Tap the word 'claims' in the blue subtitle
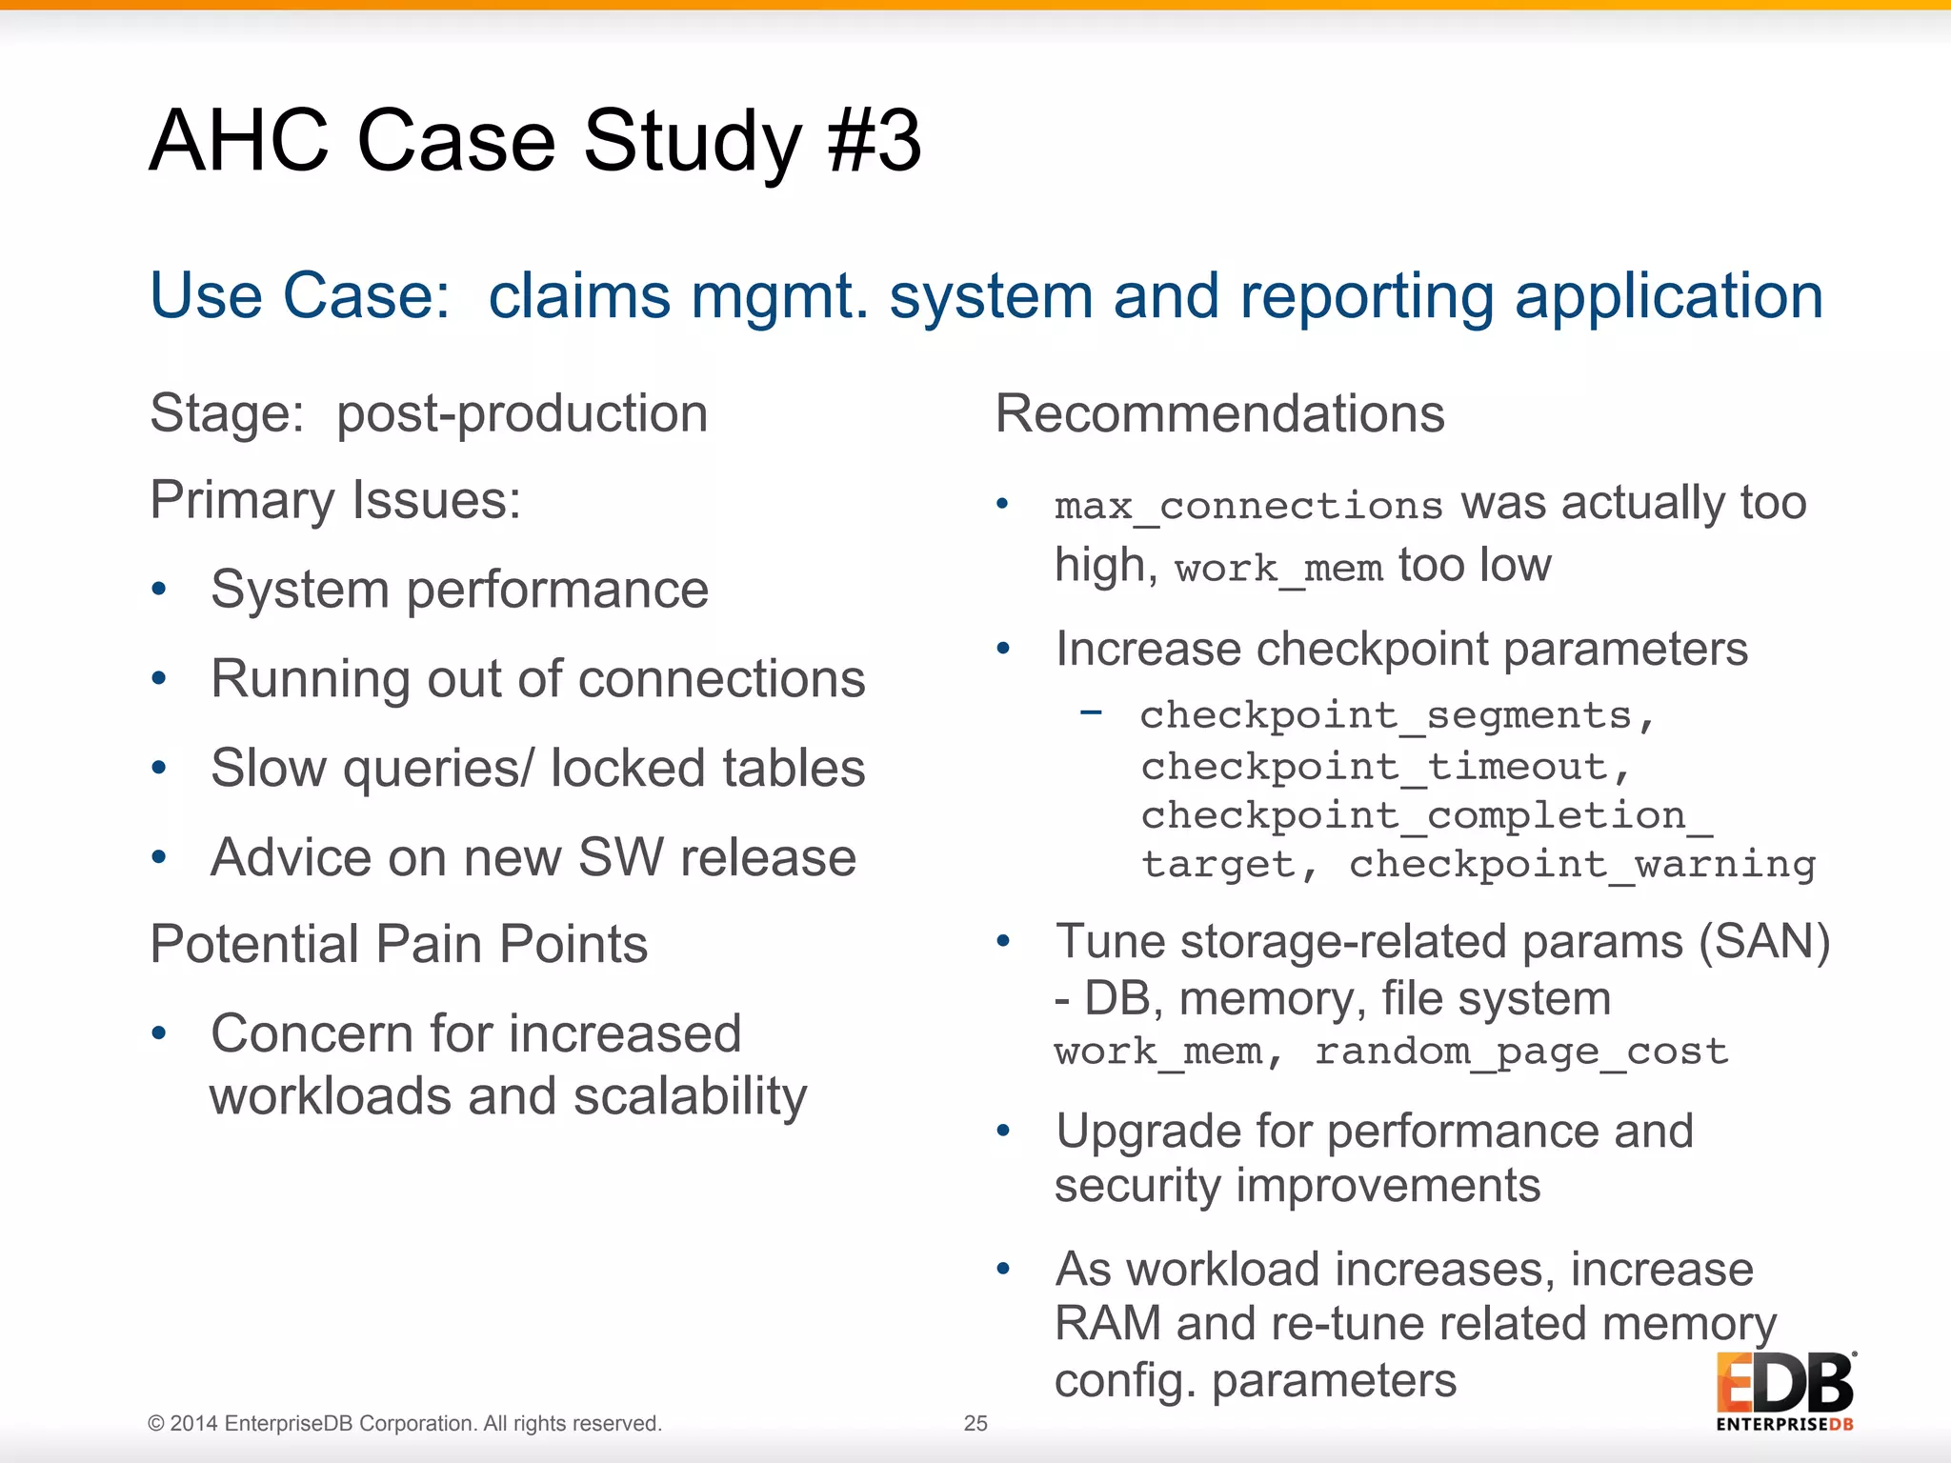click(579, 295)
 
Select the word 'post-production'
click(522, 414)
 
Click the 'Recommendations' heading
click(1219, 414)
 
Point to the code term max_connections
click(1248, 506)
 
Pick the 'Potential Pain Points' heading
click(399, 945)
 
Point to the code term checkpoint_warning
click(1582, 865)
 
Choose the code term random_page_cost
click(1521, 1052)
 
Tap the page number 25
click(975, 1423)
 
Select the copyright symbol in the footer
click(155, 1424)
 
